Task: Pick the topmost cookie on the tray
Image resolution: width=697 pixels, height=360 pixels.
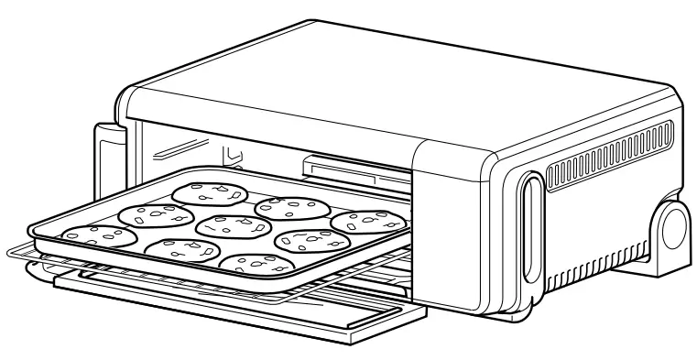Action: (210, 192)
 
